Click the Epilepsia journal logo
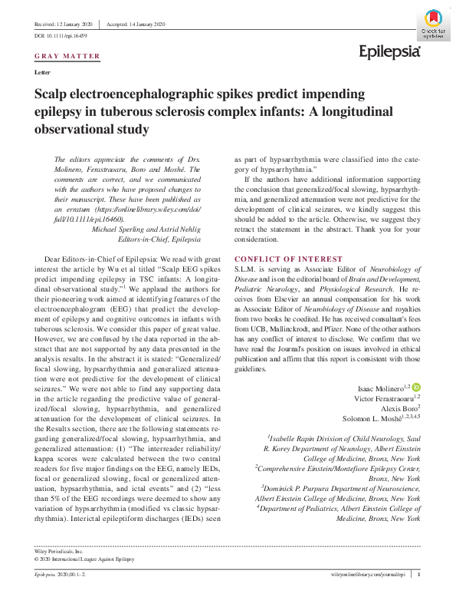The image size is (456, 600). click(390, 51)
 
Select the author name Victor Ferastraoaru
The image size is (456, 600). click(381, 399)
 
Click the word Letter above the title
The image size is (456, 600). click(44, 72)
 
